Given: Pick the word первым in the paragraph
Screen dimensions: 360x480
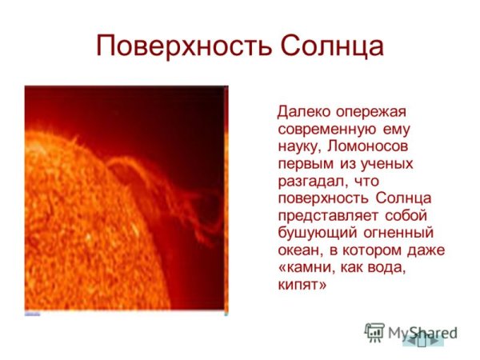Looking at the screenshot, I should click(x=305, y=164).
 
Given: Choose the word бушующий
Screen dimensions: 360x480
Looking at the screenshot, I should click(x=315, y=234).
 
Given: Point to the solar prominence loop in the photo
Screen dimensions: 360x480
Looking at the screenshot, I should click(x=168, y=192).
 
